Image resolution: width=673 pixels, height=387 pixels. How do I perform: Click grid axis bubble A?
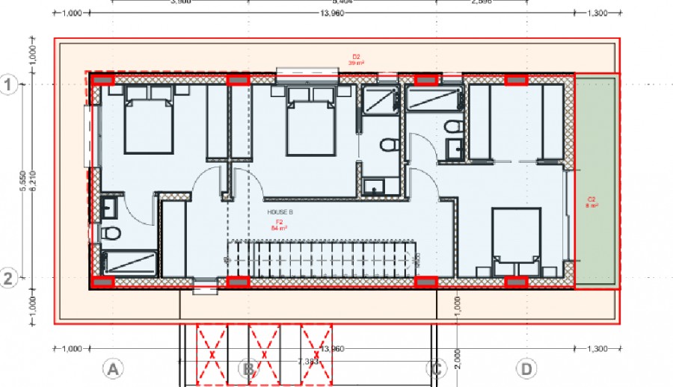tap(112, 368)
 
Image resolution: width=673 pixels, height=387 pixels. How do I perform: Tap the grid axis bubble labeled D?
tap(527, 368)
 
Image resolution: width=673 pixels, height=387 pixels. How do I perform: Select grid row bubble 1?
tap(9, 85)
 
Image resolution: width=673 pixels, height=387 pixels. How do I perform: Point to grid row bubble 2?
tap(9, 279)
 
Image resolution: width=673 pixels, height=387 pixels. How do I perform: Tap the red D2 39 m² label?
tap(357, 60)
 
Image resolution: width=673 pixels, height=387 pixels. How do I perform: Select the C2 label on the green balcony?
tap(591, 202)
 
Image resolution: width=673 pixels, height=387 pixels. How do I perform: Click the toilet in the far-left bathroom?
tap(111, 233)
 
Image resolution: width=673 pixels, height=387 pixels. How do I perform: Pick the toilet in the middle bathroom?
tap(387, 144)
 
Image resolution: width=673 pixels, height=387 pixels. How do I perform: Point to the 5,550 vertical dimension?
tap(23, 182)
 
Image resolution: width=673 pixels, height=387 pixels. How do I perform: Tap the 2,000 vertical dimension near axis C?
tap(458, 357)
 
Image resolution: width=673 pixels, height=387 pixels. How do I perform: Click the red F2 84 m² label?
tap(279, 225)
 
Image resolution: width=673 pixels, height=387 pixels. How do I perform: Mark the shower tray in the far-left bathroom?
tap(129, 264)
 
